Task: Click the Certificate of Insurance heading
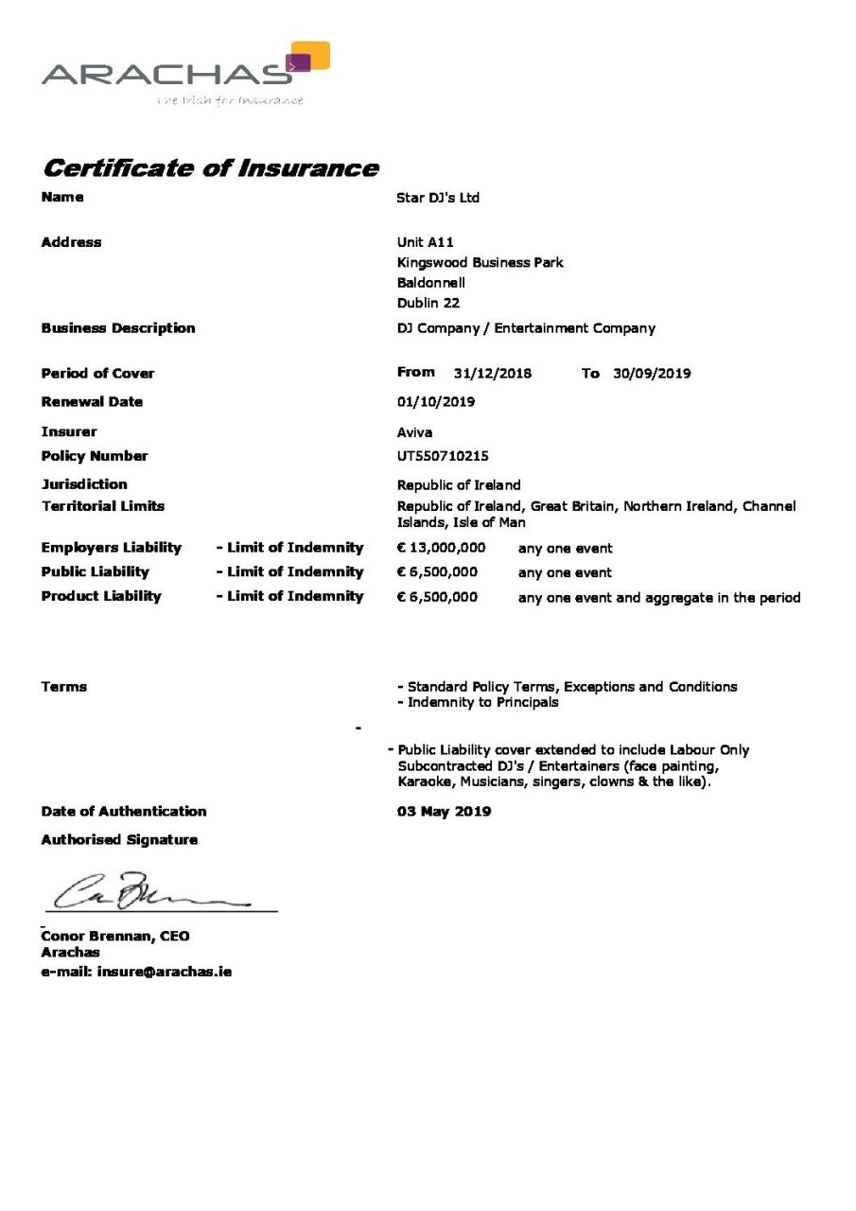(210, 168)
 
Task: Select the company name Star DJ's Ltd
(438, 198)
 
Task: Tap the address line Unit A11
(425, 242)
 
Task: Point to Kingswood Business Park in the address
(480, 262)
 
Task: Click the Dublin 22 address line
(428, 303)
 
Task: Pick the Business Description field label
(118, 328)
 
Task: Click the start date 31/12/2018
(492, 373)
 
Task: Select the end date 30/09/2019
(652, 373)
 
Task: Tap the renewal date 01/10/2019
(436, 401)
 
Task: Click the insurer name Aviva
(414, 432)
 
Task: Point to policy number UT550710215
(443, 456)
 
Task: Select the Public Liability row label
(95, 571)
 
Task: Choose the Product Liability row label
(101, 596)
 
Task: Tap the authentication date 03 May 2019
(444, 811)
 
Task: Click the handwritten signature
(142, 891)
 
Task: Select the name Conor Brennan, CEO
(114, 936)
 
